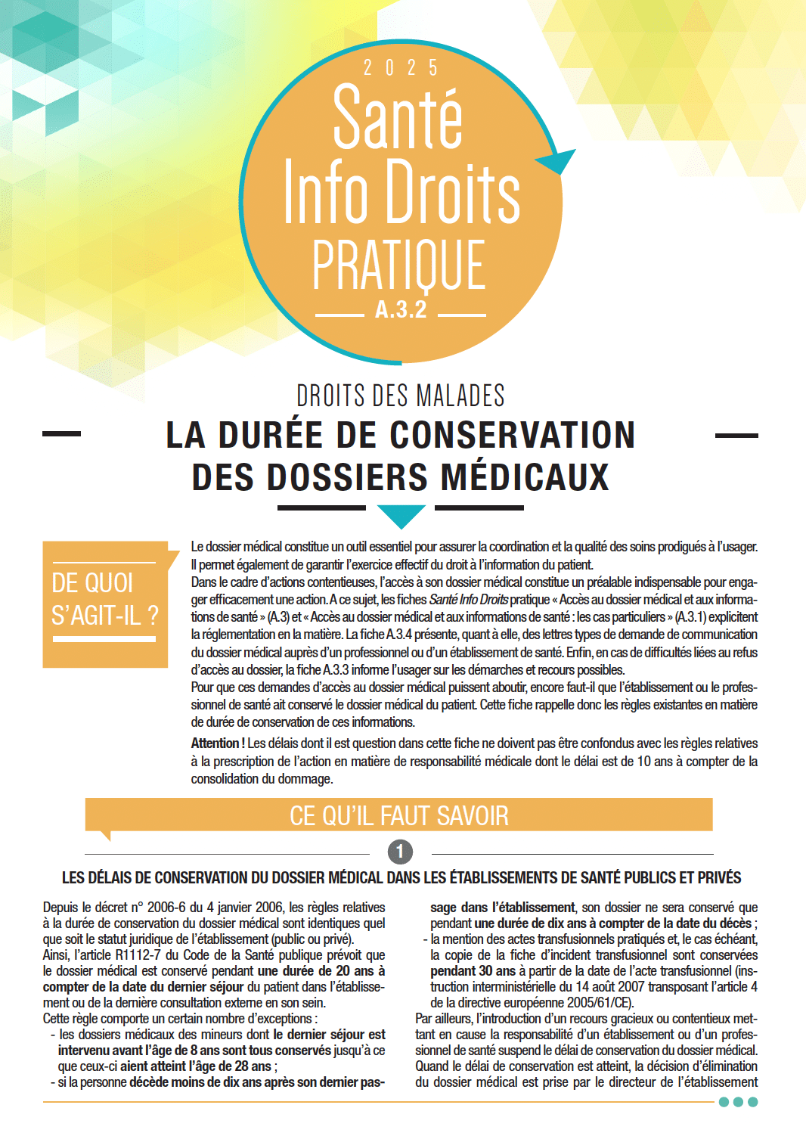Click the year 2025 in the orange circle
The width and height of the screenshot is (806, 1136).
pyautogui.click(x=401, y=68)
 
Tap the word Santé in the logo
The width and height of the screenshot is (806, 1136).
pyautogui.click(x=398, y=118)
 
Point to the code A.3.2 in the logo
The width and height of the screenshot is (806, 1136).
pyautogui.click(x=401, y=309)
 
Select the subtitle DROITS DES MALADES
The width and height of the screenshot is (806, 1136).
pyautogui.click(x=401, y=396)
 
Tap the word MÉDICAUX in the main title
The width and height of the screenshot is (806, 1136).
pyautogui.click(x=525, y=478)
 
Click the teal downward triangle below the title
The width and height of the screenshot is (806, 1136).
pyautogui.click(x=401, y=516)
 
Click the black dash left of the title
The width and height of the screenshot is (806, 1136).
pyautogui.click(x=62, y=434)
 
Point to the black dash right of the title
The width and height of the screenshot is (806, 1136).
pyautogui.click(x=736, y=436)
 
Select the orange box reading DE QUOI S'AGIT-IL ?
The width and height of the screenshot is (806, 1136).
pyautogui.click(x=105, y=604)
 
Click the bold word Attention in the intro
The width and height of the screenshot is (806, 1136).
pyautogui.click(x=215, y=743)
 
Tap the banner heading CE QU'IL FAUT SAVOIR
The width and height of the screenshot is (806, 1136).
pyautogui.click(x=399, y=815)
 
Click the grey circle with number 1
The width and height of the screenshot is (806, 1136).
pyautogui.click(x=400, y=852)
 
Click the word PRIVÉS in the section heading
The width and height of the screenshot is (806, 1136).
pyautogui.click(x=719, y=878)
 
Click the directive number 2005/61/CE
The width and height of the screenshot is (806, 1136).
pyautogui.click(x=594, y=1003)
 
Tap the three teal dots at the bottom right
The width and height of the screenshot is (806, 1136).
pyautogui.click(x=738, y=1102)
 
